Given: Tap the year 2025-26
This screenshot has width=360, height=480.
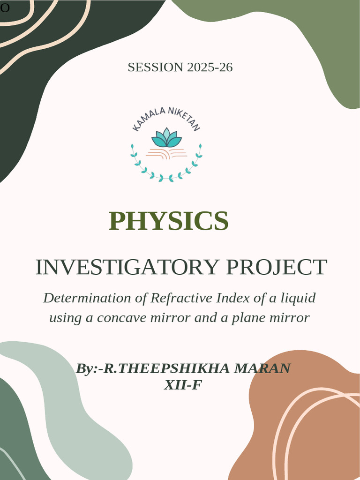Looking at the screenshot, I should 210,67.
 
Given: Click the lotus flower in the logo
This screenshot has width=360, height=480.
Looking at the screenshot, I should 166,138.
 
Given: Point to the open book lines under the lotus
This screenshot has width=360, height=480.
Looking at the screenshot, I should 166,153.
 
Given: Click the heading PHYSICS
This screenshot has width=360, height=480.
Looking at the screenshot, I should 169,221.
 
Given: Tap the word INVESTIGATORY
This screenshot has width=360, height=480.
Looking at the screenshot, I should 127,267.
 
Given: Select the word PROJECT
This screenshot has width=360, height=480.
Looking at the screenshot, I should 277,267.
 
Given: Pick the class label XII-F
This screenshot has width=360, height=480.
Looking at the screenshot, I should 183,385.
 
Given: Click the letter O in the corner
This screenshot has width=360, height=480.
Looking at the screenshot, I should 5,8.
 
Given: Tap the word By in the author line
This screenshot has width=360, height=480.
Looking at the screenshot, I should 84,369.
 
